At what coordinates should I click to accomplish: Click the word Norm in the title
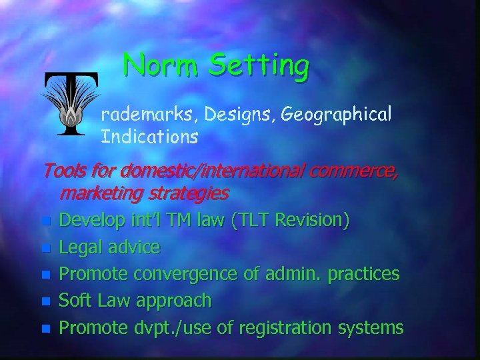[x=162, y=65]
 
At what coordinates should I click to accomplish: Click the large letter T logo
[x=71, y=103]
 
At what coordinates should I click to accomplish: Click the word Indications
[x=149, y=137]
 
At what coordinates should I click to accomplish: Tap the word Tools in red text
[x=63, y=172]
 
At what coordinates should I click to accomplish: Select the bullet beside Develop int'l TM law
[x=45, y=221]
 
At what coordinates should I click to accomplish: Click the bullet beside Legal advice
[x=45, y=248]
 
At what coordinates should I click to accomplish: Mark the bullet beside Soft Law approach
[x=45, y=301]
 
